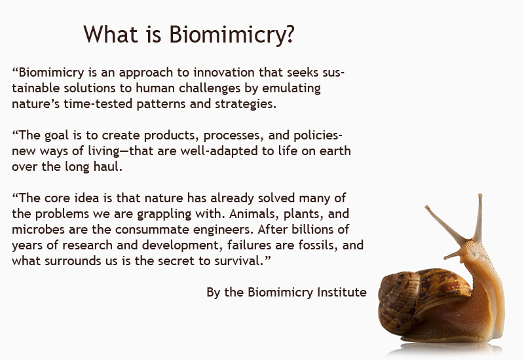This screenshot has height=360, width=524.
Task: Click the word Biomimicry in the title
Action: pyautogui.click(x=227, y=35)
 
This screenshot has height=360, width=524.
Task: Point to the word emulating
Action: pyautogui.click(x=291, y=88)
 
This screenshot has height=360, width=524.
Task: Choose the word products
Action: pyautogui.click(x=172, y=135)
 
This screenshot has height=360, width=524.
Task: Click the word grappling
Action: pyautogui.click(x=164, y=214)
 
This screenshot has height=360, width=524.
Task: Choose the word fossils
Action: pyautogui.click(x=318, y=245)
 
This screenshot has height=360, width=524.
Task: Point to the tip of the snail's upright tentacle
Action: pyautogui.click(x=480, y=195)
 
